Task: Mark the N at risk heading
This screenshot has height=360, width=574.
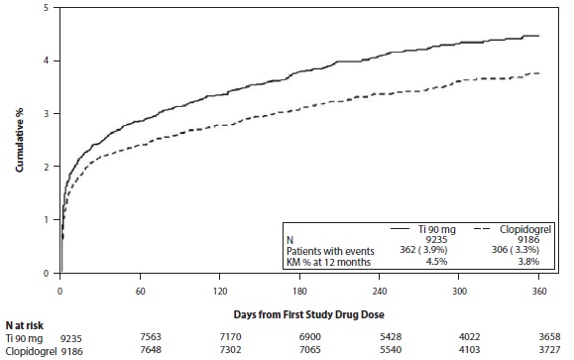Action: tap(24, 325)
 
